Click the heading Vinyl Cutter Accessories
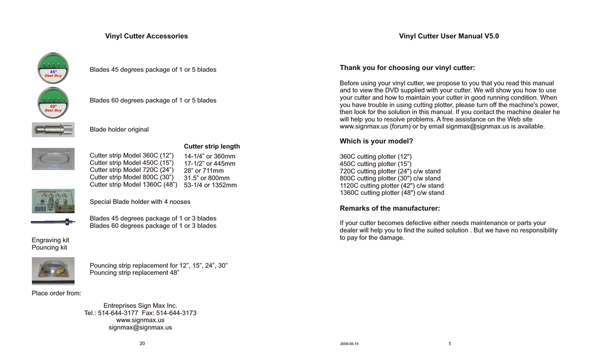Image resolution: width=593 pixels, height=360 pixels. (146, 36)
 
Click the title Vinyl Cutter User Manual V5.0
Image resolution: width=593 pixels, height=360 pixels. (449, 36)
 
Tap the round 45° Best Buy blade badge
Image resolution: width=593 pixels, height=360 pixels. (53, 68)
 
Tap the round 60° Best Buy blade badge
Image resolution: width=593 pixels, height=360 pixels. (53, 102)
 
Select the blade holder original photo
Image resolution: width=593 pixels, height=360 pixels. (53, 129)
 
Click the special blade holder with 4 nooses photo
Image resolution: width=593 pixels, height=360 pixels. (53, 201)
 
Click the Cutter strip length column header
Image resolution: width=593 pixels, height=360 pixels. (211, 146)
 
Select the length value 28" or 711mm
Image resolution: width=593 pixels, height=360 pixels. (203, 171)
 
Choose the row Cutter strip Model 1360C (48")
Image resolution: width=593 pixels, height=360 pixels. (133, 185)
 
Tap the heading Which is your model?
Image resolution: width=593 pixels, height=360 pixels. (376, 141)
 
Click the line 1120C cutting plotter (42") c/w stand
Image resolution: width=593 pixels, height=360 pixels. (391, 186)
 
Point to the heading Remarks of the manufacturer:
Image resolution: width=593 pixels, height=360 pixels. (390, 208)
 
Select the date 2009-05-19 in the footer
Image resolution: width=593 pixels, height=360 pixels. (349, 344)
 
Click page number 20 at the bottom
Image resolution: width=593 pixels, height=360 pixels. (142, 344)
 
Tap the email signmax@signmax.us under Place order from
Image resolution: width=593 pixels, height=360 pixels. (140, 328)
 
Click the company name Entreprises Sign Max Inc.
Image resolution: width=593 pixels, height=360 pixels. (140, 306)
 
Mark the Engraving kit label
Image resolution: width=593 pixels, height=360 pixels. (50, 240)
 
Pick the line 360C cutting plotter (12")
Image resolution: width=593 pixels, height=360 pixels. (375, 157)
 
